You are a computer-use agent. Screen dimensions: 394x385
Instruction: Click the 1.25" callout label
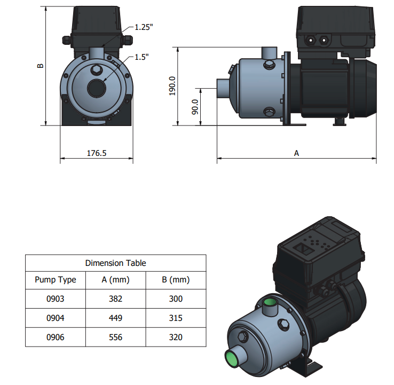(x=144, y=27)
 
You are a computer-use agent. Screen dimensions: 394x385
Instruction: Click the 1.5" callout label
(x=141, y=57)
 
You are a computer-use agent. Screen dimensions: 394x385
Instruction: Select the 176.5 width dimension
(x=97, y=153)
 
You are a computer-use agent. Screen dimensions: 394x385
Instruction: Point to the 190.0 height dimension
(x=172, y=86)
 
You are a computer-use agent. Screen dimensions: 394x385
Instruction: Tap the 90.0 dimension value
(x=195, y=107)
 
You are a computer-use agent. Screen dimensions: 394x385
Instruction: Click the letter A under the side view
(x=296, y=153)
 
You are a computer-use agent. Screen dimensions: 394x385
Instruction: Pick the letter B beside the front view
(x=40, y=66)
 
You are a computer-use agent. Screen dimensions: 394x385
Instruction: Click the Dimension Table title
(x=116, y=263)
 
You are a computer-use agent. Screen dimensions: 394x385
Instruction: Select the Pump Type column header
(x=56, y=280)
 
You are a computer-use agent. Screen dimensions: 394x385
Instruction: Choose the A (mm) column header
(x=116, y=280)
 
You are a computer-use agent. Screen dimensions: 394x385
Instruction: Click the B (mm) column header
(x=176, y=280)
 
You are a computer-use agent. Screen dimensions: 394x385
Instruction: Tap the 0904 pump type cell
(x=56, y=318)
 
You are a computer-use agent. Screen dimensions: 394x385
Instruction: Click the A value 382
(x=116, y=299)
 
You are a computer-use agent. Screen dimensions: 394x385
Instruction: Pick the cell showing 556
(x=116, y=337)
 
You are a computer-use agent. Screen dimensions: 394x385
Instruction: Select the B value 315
(x=176, y=318)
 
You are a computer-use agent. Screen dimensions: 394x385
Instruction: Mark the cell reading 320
(x=176, y=337)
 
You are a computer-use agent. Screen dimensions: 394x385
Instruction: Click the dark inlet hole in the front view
(x=97, y=88)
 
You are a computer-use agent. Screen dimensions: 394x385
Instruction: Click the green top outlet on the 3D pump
(x=270, y=302)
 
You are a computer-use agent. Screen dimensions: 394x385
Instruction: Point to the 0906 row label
(x=56, y=337)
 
